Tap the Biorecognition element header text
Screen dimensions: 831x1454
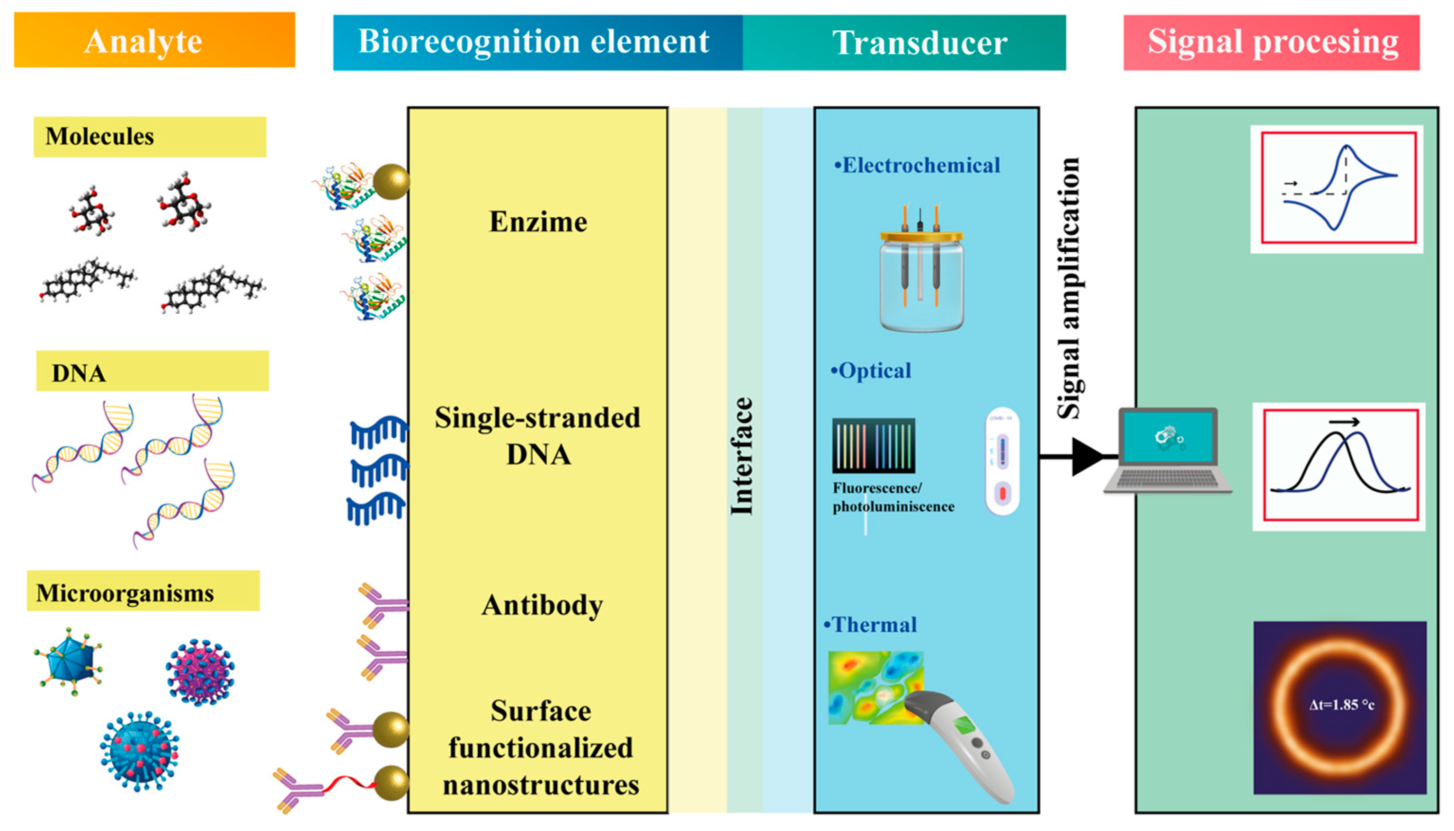534,42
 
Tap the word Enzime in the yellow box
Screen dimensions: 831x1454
538,222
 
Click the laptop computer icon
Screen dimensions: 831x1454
1167,451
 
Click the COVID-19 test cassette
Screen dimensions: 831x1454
1002,461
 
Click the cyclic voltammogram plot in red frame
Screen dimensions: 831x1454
1338,188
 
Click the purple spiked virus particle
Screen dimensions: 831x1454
200,672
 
